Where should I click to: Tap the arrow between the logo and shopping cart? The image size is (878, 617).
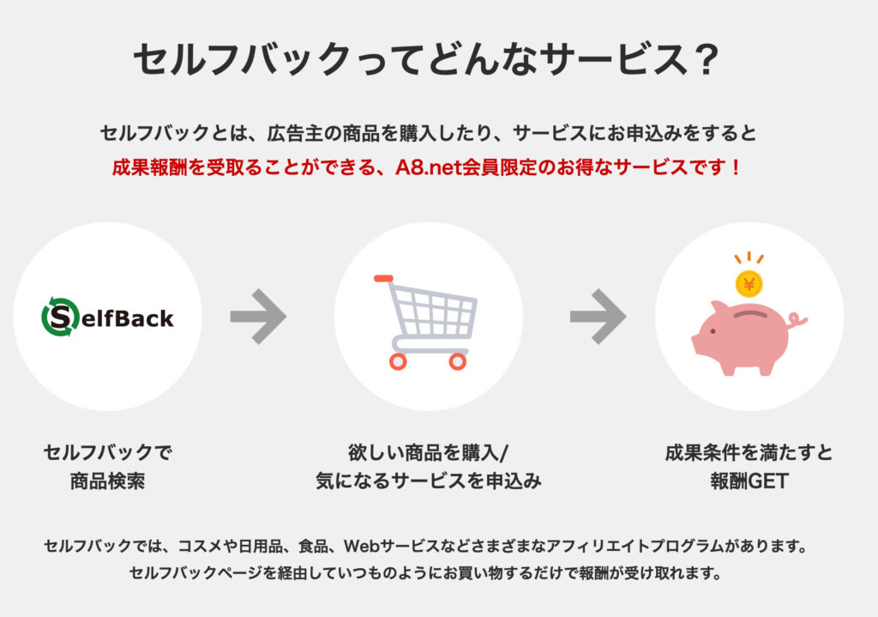point(258,317)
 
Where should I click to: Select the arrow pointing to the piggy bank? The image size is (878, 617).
point(598,317)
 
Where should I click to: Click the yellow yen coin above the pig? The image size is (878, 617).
point(749,284)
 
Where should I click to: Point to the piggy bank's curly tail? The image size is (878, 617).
point(797,322)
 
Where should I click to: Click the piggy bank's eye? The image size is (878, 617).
point(713,331)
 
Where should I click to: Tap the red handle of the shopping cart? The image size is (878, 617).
point(383,278)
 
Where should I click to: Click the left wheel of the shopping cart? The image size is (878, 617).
point(398,361)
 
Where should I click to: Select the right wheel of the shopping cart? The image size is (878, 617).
point(458,361)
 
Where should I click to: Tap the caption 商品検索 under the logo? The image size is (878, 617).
point(107,481)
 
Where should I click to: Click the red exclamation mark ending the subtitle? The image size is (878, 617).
point(735,167)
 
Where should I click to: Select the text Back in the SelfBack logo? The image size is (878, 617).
point(144,318)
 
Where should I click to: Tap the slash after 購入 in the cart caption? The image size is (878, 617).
point(503,453)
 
